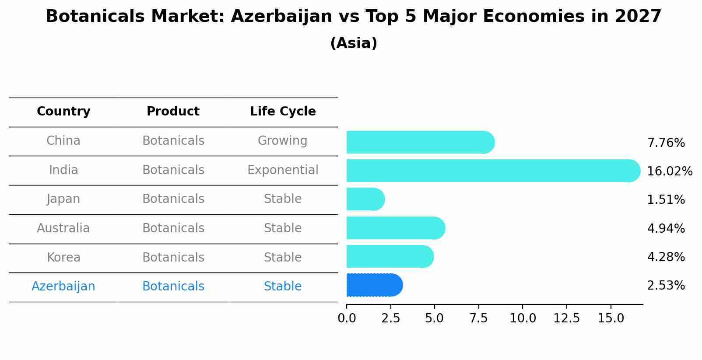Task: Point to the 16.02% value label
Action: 670,171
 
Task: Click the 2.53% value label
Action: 666,286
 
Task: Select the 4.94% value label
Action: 666,228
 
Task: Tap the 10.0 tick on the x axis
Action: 523,318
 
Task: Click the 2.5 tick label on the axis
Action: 391,318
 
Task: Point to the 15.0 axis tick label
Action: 611,318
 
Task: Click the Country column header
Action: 63,112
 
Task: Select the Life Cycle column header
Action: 283,112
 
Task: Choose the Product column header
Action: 173,112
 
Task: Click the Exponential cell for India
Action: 283,170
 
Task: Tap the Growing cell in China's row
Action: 282,141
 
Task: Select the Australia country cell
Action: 63,228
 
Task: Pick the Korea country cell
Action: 63,257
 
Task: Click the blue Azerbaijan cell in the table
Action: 63,287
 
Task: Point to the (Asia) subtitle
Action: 354,43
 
